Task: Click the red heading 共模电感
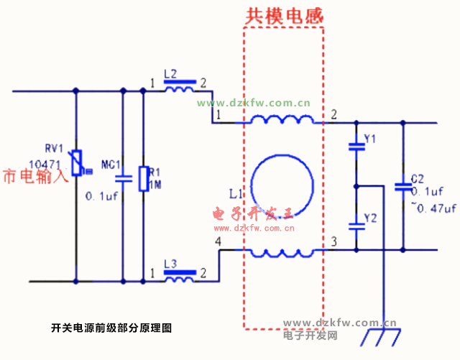pyautogui.click(x=286, y=14)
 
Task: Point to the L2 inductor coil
pyautogui.click(x=178, y=89)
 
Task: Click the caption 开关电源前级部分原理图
pyautogui.click(x=111, y=328)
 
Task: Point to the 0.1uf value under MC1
pyautogui.click(x=101, y=196)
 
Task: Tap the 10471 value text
pyautogui.click(x=43, y=164)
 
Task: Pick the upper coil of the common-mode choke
pyautogui.click(x=282, y=120)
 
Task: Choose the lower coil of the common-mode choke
pyautogui.click(x=282, y=252)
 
